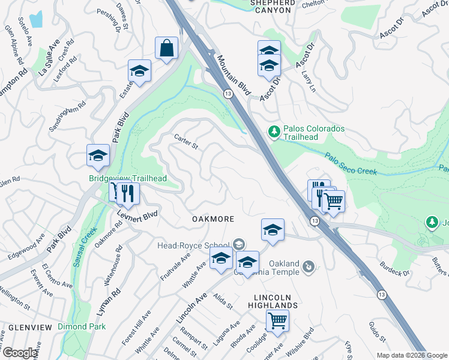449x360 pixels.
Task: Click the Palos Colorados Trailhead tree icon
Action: pos(274,131)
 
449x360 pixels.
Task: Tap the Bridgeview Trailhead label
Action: pos(127,178)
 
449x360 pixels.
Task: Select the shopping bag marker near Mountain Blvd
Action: pos(166,49)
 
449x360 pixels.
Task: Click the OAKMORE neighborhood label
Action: pos(213,220)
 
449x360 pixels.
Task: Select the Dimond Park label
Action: pos(82,327)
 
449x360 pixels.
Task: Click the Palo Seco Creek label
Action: pos(352,164)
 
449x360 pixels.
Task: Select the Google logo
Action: pos(19,353)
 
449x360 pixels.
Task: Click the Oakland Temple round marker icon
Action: pos(309,265)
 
